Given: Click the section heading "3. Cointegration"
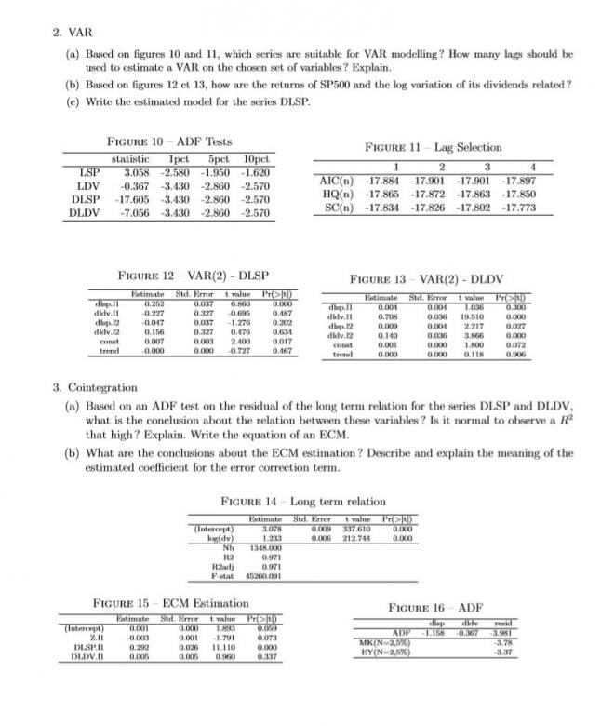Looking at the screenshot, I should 96,386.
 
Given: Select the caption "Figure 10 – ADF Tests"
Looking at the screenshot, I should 166,141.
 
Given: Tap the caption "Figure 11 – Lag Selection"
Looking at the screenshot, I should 434,147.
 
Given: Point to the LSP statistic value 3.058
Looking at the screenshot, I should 136,173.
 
